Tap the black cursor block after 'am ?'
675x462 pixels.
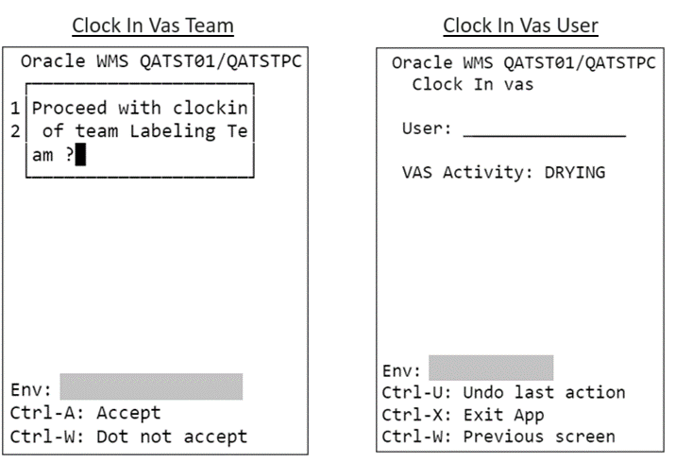point(81,155)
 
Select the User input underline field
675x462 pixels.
point(544,129)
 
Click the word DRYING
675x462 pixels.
point(575,172)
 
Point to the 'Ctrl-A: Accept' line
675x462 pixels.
point(86,413)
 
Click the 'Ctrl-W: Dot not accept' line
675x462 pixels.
point(128,436)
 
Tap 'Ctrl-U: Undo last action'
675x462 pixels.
point(503,391)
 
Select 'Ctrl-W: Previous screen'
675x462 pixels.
point(498,436)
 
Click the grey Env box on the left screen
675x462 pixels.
point(151,386)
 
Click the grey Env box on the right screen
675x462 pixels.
point(491,368)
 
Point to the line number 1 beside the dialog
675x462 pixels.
point(15,109)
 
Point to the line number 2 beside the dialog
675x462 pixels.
point(15,131)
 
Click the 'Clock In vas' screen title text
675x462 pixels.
point(473,84)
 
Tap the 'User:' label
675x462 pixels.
point(427,128)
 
